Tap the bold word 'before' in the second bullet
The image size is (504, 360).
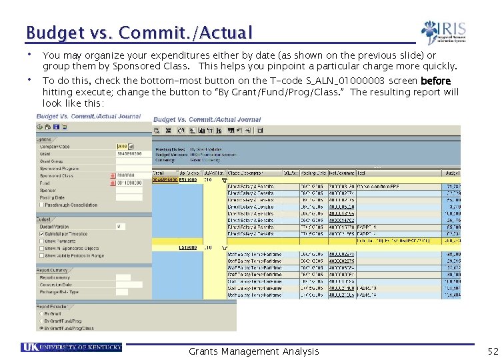pos(436,81)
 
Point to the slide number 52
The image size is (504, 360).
pos(493,351)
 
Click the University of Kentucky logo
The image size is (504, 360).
pos(71,347)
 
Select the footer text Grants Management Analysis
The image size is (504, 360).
pos(253,351)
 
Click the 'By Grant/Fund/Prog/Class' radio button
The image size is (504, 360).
pos(41,328)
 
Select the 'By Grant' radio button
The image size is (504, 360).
pos(41,313)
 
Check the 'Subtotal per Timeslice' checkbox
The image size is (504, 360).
pos(41,235)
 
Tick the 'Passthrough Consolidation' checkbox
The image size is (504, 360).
pos(41,205)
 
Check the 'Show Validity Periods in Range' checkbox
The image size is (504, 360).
pos(41,255)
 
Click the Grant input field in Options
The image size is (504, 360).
pos(129,153)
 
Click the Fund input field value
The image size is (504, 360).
pos(129,183)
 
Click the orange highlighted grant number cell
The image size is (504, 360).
pos(165,179)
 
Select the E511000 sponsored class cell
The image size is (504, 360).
pos(187,179)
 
